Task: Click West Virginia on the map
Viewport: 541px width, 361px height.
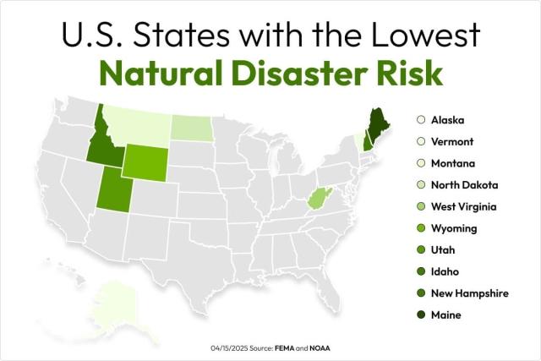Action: pyautogui.click(x=316, y=200)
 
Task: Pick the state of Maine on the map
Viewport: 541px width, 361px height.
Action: pyautogui.click(x=375, y=123)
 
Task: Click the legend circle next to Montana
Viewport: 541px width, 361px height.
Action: pyautogui.click(x=420, y=163)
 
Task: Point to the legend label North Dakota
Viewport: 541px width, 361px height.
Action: pyautogui.click(x=463, y=184)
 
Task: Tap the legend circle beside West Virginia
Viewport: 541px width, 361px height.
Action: pyautogui.click(x=420, y=206)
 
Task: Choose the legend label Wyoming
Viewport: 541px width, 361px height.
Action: pyautogui.click(x=453, y=228)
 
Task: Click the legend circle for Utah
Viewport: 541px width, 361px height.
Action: pyautogui.click(x=420, y=250)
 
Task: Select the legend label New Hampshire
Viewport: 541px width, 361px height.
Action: pyautogui.click(x=469, y=293)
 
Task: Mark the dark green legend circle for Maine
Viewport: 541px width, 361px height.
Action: pyautogui.click(x=420, y=315)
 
